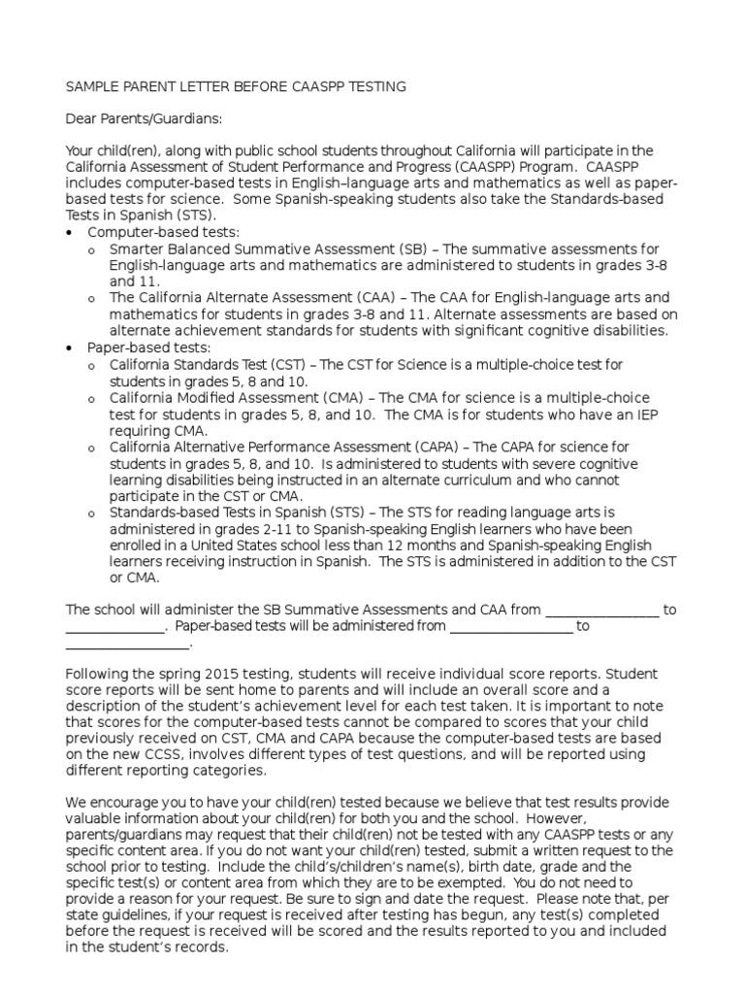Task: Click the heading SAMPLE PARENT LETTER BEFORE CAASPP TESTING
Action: (x=236, y=87)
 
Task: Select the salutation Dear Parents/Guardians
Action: (x=144, y=119)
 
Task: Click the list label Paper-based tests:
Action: (x=149, y=348)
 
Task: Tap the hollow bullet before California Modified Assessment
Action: (x=91, y=399)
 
